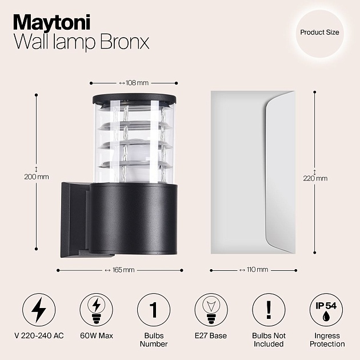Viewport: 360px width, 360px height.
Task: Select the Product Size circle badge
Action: coord(319,33)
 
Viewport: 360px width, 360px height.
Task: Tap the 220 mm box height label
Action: coord(315,178)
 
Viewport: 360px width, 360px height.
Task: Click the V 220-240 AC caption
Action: coord(39,336)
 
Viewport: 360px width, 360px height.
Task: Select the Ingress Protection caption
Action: coord(327,340)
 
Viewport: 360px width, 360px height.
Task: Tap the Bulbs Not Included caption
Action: coord(268,340)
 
